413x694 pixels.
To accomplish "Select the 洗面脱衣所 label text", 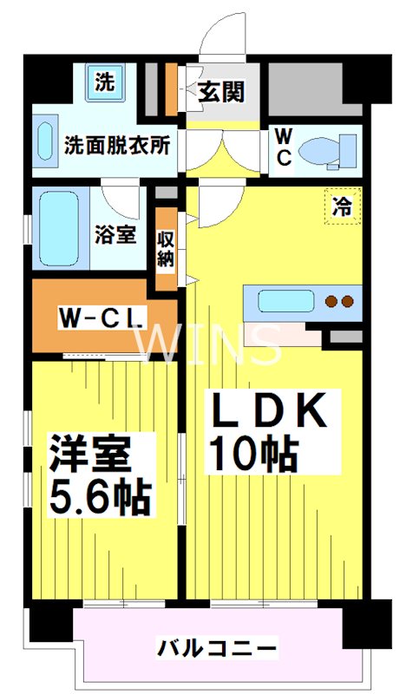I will tap(116, 144).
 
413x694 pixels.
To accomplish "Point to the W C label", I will tap(283, 145).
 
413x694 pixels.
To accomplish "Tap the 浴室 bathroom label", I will tap(115, 233).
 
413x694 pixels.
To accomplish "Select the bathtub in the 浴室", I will tap(60, 227).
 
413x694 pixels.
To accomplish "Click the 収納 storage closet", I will tap(166, 246).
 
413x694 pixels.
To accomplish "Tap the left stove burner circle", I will tap(331, 302).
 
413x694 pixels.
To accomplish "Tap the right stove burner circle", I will tap(348, 302).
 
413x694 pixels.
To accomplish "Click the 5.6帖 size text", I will tap(99, 497).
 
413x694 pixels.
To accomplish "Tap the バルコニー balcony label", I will tap(217, 647).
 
